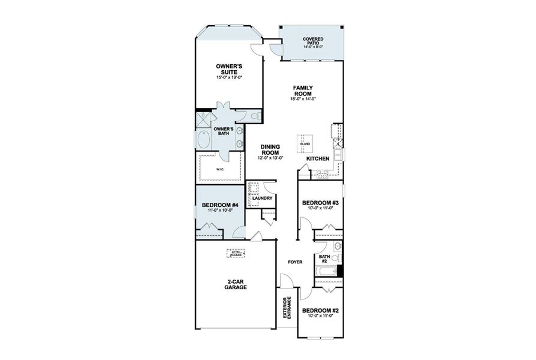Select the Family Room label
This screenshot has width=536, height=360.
coord(303,91)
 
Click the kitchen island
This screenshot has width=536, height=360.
coord(305,143)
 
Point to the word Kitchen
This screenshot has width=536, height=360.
coord(317,158)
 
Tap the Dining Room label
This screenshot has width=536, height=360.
coord(272,149)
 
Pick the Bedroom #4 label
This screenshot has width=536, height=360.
coord(216,206)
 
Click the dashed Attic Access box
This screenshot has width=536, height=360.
coord(236,253)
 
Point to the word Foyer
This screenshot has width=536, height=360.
coord(294,262)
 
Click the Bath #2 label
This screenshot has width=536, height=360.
coord(324,259)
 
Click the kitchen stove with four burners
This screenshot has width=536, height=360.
coord(323,175)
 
